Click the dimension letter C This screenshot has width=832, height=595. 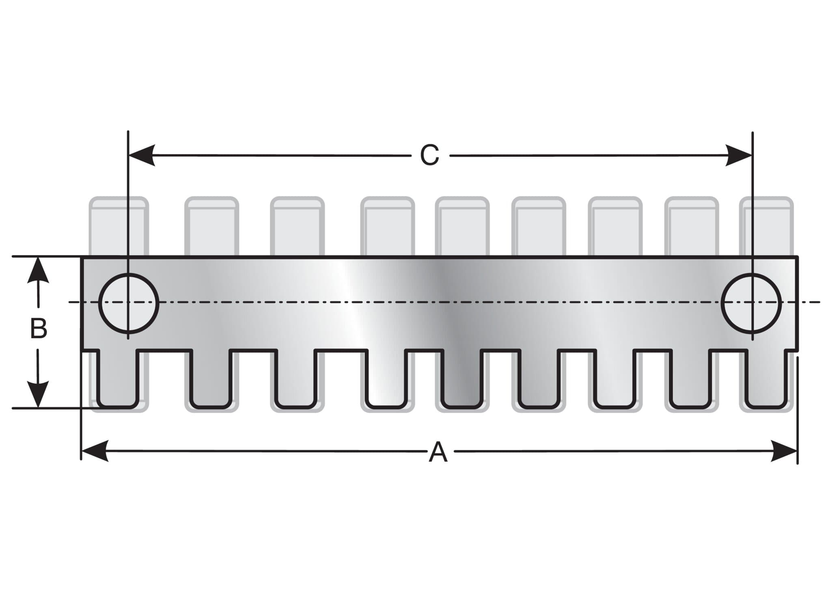(429, 155)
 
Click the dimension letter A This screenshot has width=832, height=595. (438, 453)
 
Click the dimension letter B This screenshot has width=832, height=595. (39, 329)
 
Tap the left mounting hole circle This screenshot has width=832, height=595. (129, 303)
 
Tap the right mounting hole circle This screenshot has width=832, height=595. (751, 303)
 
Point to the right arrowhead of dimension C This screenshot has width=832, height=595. (739, 155)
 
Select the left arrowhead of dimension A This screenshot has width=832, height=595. (94, 450)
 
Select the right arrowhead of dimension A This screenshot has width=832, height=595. (785, 451)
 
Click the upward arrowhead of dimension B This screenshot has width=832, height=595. (38, 270)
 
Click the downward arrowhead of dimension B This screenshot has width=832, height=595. (38, 394)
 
